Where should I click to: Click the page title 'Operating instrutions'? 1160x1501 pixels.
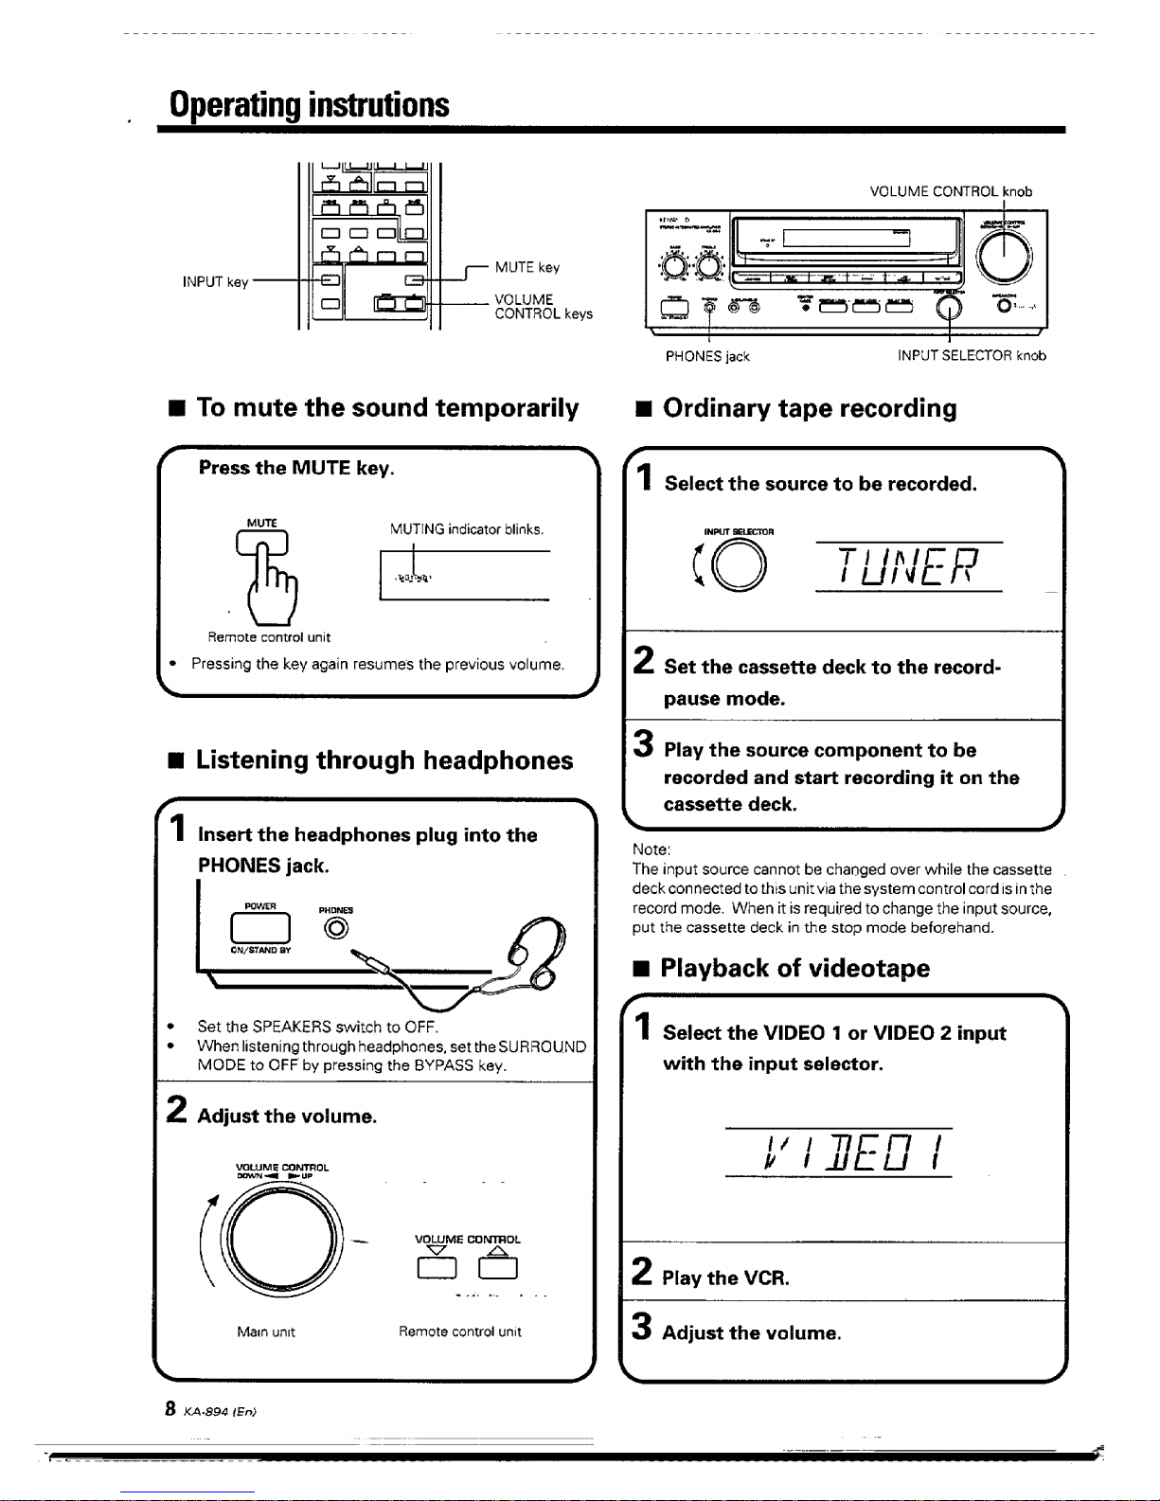pos(309,104)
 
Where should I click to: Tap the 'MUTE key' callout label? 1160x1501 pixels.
pos(526,268)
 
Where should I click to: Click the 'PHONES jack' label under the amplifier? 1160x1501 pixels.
pos(707,357)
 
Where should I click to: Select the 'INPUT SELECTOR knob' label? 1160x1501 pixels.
pos(972,357)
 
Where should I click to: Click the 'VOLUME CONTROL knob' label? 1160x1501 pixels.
pos(951,191)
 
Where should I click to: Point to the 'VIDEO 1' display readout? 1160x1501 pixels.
pos(838,1153)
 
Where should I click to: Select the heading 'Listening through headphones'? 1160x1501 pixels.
pos(384,760)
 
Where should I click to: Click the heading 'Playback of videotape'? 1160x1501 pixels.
pos(794,969)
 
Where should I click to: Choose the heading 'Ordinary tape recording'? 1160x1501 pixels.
pos(810,408)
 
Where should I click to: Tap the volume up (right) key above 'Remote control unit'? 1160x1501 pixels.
pos(497,1267)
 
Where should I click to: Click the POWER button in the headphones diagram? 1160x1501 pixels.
pos(260,924)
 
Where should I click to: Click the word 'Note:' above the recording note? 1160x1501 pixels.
pos(651,849)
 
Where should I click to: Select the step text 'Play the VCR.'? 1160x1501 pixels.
pos(725,1278)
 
